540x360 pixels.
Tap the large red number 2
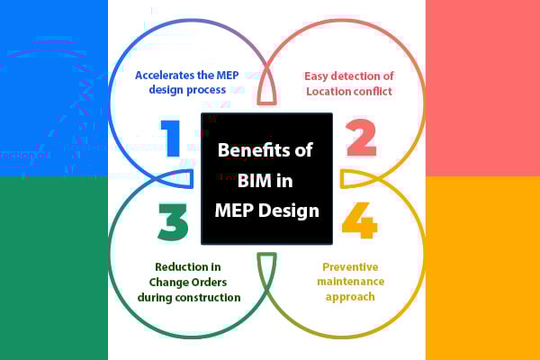pyautogui.click(x=360, y=138)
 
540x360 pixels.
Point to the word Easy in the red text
pyautogui.click(x=319, y=76)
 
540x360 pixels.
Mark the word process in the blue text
pyautogui.click(x=206, y=90)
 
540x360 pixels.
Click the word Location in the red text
pyautogui.click(x=327, y=90)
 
